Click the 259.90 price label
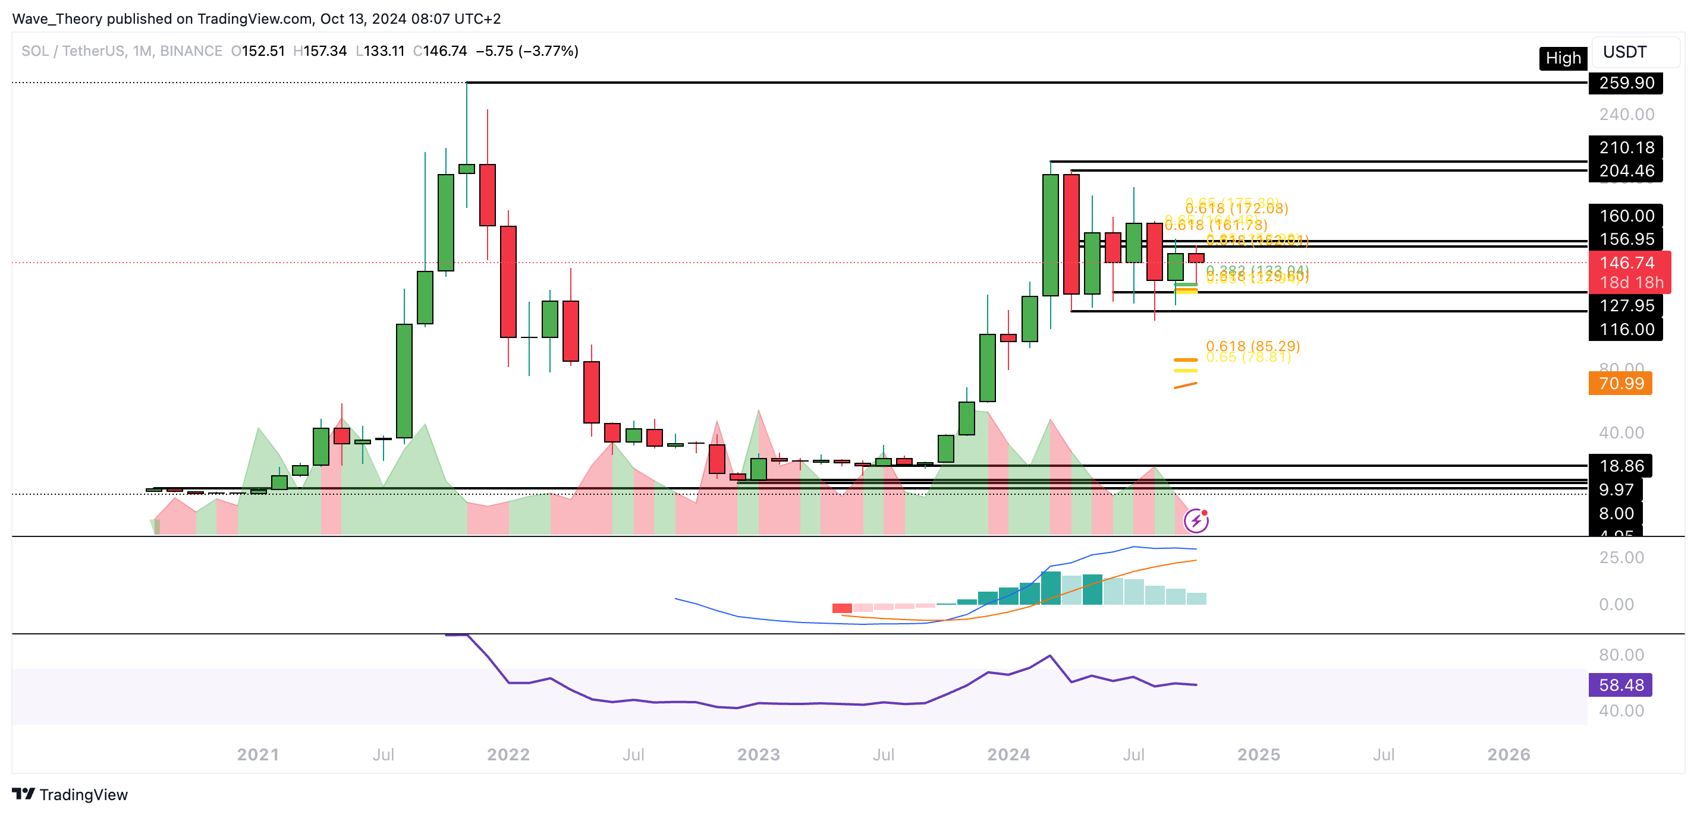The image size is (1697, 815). [x=1626, y=83]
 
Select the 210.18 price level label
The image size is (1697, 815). [x=1626, y=147]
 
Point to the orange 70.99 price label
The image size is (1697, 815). [x=1620, y=383]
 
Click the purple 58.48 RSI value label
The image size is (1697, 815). [x=1620, y=685]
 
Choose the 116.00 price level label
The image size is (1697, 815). [x=1626, y=329]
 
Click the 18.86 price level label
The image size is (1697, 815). [x=1620, y=466]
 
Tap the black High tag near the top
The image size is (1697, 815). [x=1563, y=59]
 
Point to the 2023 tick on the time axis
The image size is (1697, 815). [x=758, y=754]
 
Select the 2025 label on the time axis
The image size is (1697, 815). [x=1258, y=754]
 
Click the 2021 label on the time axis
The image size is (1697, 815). [x=257, y=754]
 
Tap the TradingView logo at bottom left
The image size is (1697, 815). [x=70, y=795]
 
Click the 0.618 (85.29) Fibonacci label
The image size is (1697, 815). [x=1252, y=346]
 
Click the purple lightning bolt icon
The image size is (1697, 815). [x=1196, y=522]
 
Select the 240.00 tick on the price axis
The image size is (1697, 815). [x=1626, y=115]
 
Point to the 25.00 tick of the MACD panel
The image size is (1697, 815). [x=1620, y=558]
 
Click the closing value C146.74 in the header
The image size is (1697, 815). [x=440, y=51]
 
